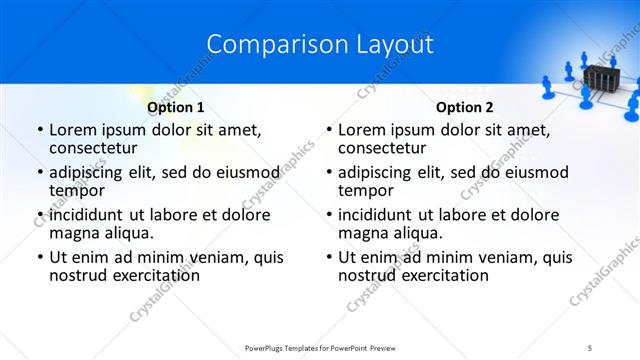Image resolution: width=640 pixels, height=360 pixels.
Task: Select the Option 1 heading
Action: coord(175,107)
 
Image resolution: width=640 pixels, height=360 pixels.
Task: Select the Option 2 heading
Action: coord(464,107)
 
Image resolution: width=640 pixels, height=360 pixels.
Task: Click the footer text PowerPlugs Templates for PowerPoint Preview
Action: coord(320,347)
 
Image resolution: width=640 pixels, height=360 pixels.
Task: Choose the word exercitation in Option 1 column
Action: coord(154,275)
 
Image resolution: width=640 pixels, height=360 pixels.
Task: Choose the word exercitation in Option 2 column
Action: coord(443,275)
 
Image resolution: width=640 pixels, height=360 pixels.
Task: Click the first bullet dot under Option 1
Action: coord(40,130)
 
